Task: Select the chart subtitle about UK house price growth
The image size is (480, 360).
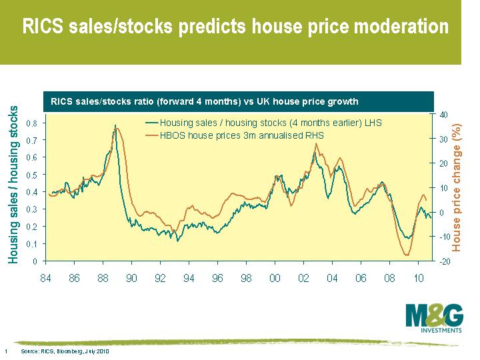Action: (x=205, y=101)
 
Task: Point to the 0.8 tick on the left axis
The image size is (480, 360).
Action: (x=31, y=123)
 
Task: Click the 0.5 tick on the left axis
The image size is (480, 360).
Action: (x=31, y=175)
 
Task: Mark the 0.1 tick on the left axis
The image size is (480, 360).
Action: (x=31, y=244)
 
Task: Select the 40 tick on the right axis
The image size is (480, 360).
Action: (x=443, y=114)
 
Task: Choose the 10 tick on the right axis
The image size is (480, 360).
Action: (x=443, y=188)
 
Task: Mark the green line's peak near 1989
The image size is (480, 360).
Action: (x=115, y=125)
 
